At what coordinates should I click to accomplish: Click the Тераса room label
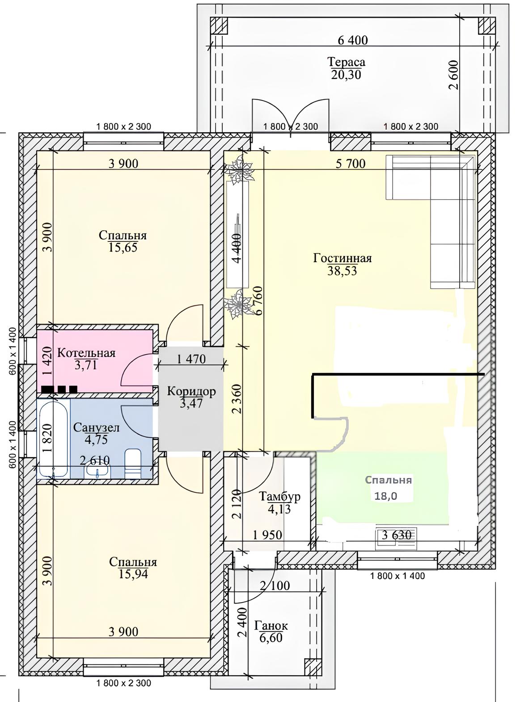(x=347, y=62)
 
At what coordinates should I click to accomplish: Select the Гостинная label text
(x=343, y=258)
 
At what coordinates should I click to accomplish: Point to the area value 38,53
(x=343, y=271)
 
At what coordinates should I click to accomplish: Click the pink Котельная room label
(x=86, y=353)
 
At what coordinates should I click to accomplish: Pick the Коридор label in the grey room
(x=191, y=391)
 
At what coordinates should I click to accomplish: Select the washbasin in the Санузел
(x=97, y=471)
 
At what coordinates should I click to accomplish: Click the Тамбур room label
(x=279, y=496)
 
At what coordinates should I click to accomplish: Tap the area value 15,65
(x=123, y=248)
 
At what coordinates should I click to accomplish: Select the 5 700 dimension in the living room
(x=351, y=164)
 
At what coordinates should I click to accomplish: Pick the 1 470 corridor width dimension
(x=191, y=359)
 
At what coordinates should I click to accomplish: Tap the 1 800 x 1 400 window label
(x=398, y=576)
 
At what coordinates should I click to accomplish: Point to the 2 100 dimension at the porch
(x=275, y=585)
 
